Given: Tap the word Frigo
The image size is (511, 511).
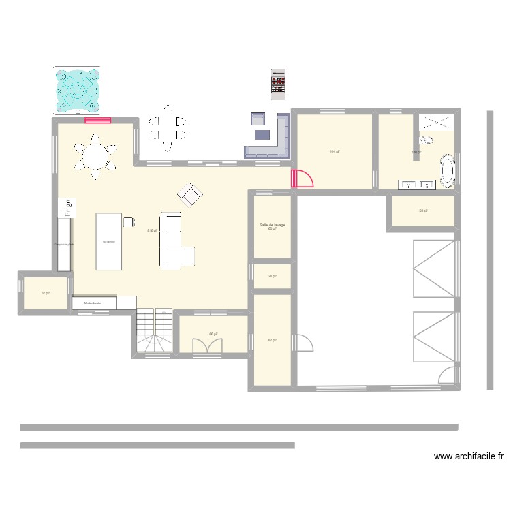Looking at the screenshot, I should (x=68, y=207).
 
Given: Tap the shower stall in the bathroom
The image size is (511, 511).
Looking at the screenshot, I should (x=436, y=123).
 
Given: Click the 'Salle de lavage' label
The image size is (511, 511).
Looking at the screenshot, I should (x=272, y=225).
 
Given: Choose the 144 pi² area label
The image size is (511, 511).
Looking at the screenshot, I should (x=334, y=151).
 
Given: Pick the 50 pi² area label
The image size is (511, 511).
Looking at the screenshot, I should (x=422, y=211).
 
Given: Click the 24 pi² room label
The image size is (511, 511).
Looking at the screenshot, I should (x=272, y=276).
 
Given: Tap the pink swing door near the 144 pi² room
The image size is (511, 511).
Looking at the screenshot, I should (x=301, y=179).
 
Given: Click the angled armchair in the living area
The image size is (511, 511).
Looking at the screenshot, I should (x=190, y=196).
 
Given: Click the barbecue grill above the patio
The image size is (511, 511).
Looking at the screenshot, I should (x=278, y=84).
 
